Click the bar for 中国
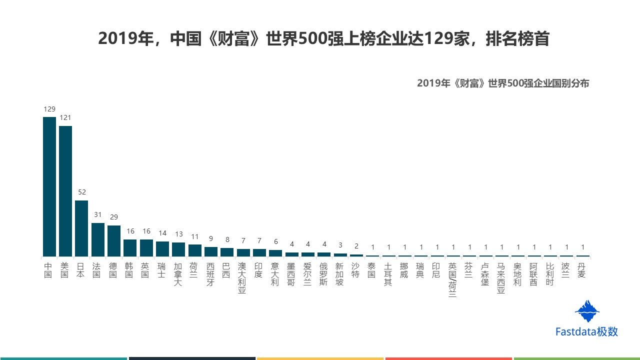pyautogui.click(x=49, y=186)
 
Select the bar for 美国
pyautogui.click(x=65, y=191)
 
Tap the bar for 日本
pyautogui.click(x=81, y=228)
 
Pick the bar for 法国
pyautogui.click(x=97, y=239)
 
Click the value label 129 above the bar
pyautogui.click(x=49, y=109)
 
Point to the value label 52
pyautogui.click(x=81, y=192)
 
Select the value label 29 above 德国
pyautogui.click(x=114, y=217)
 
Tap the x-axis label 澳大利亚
pyautogui.click(x=242, y=278)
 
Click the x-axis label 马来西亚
pyautogui.click(x=501, y=278)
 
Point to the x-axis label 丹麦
pyautogui.click(x=581, y=270)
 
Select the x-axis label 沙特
pyautogui.click(x=355, y=270)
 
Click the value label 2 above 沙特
pyautogui.click(x=356, y=245)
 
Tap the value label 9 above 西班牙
pyautogui.click(x=211, y=239)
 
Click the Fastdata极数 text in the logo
pyautogui.click(x=586, y=331)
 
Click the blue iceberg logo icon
pyautogui.click(x=587, y=311)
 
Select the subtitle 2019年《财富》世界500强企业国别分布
pyautogui.click(x=503, y=83)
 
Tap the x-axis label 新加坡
pyautogui.click(x=339, y=274)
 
